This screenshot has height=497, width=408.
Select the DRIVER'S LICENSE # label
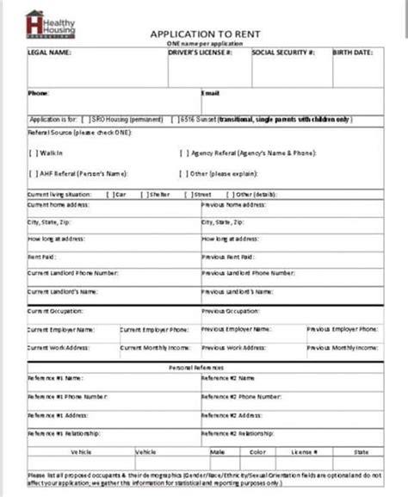[201, 53]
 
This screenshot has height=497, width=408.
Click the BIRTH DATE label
[354, 53]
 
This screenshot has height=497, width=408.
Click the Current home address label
[59, 205]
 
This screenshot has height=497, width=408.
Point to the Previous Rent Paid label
[228, 257]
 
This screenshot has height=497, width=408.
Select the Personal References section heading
[201, 366]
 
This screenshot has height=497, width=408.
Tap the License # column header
[303, 450]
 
